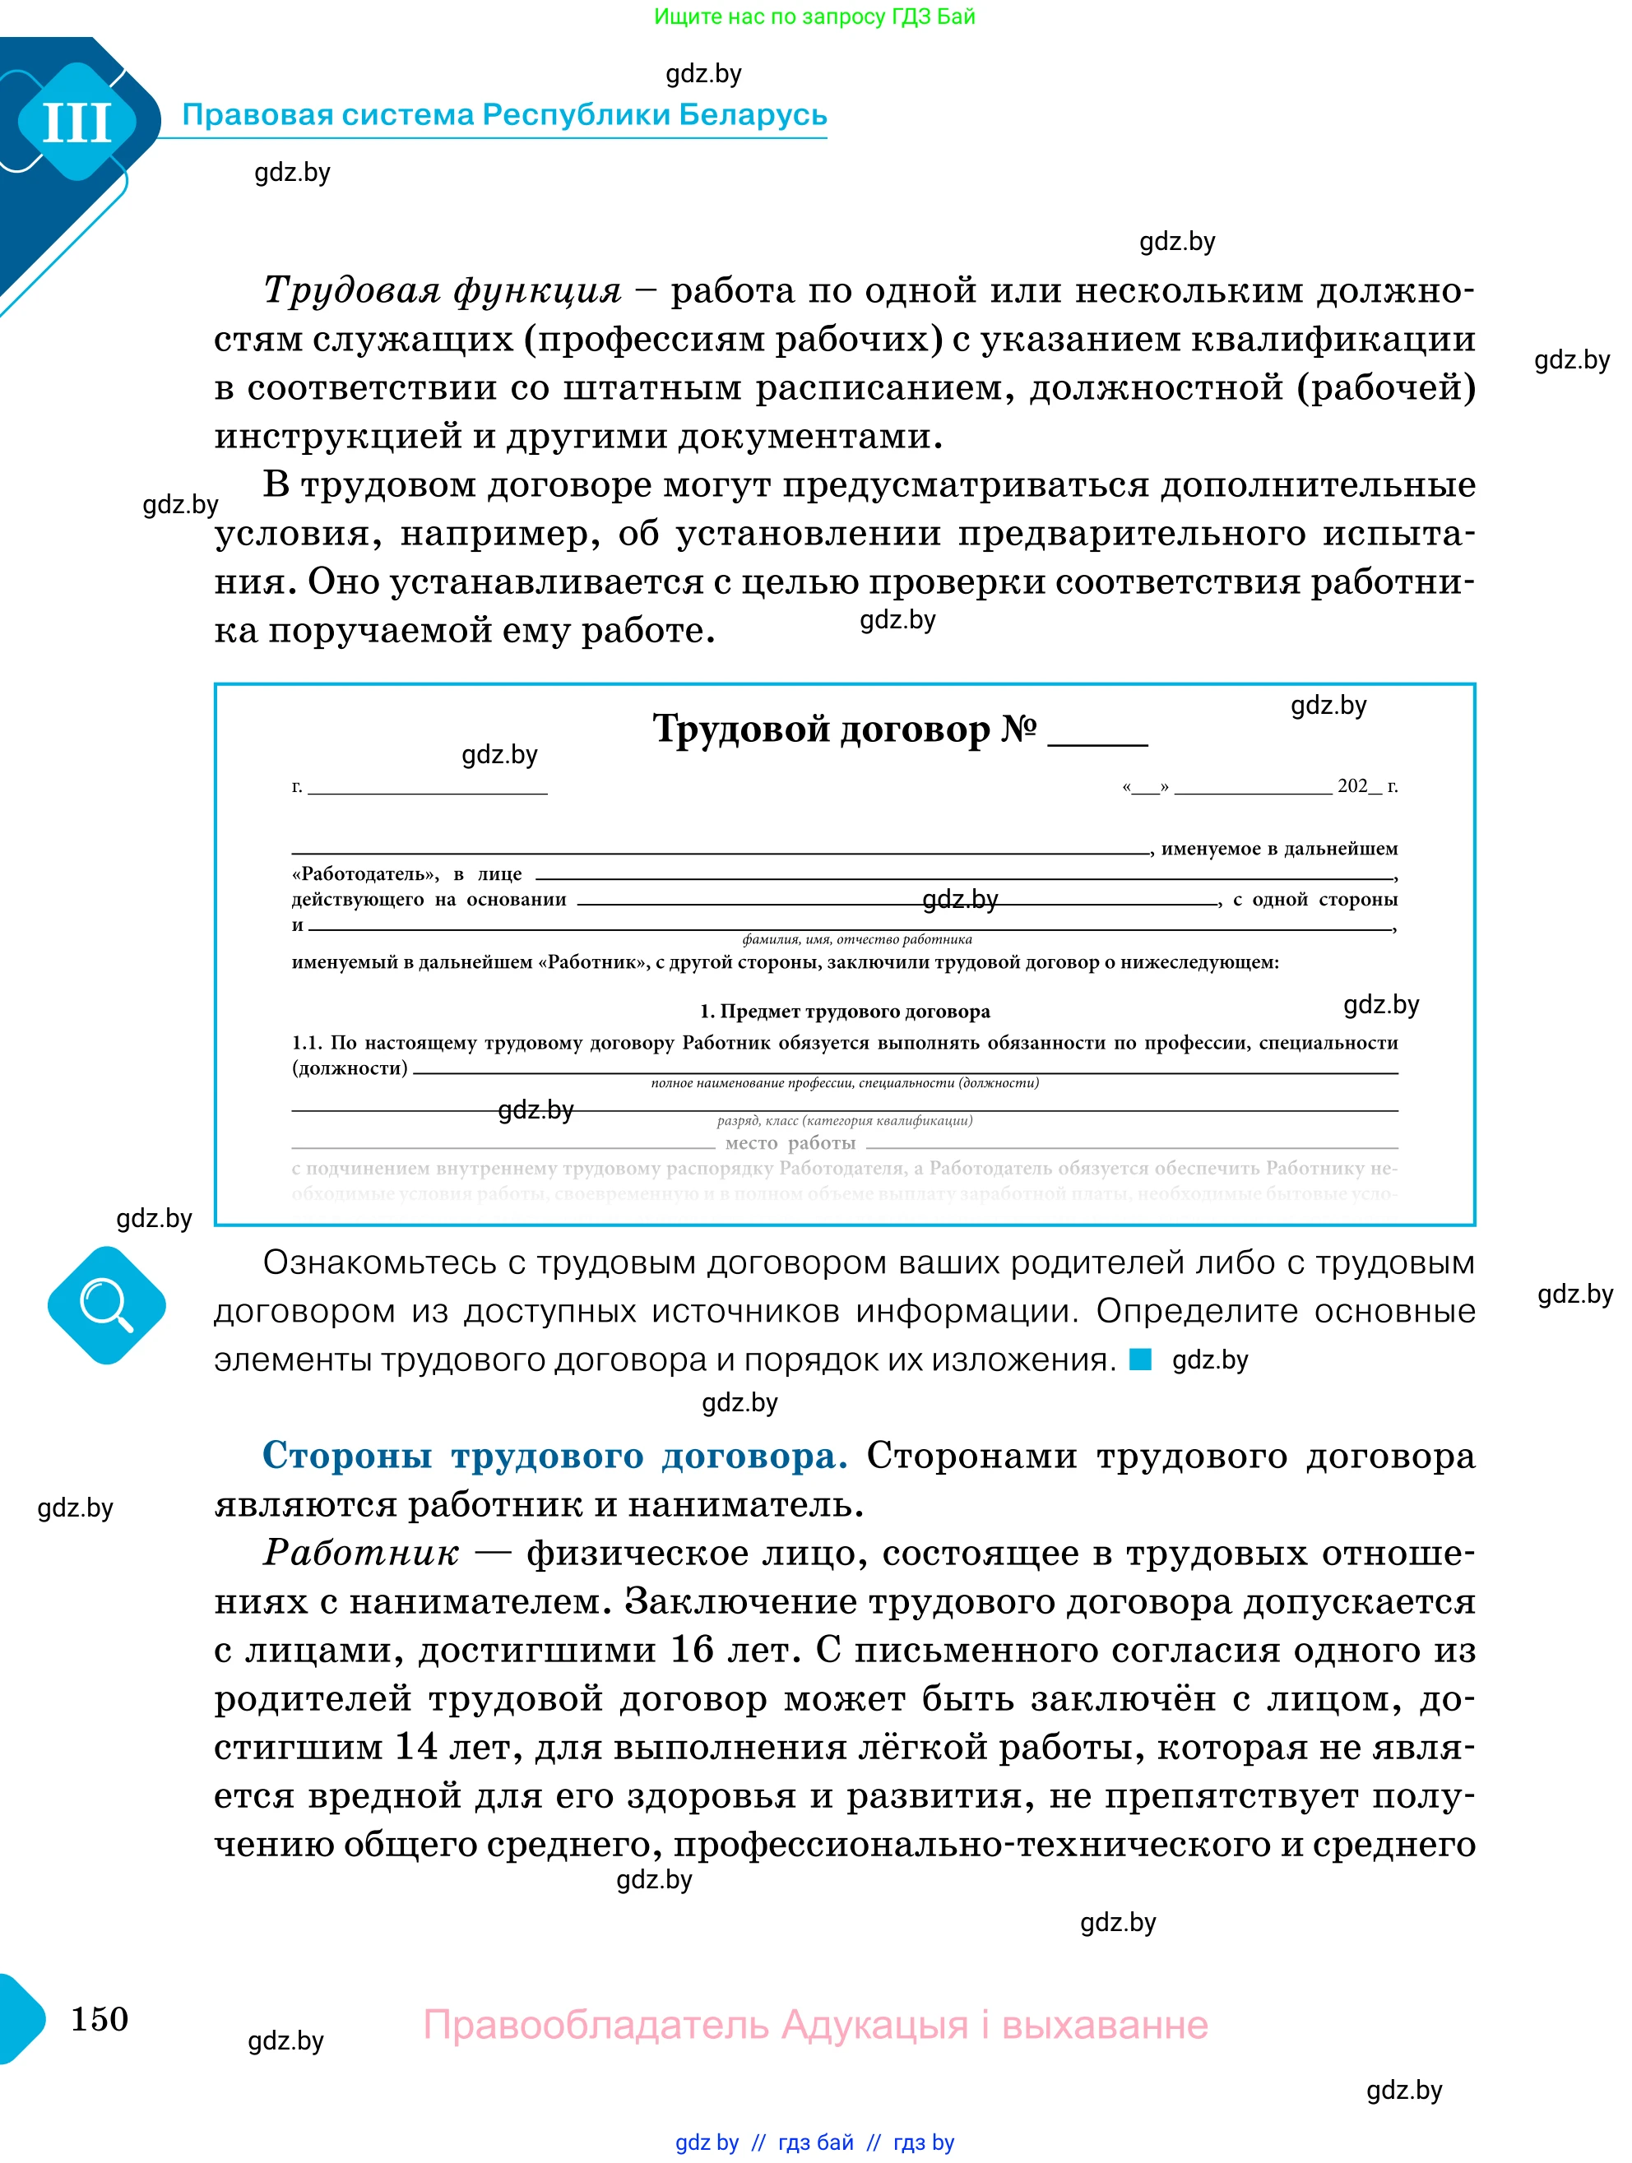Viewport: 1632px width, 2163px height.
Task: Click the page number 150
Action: coord(100,2018)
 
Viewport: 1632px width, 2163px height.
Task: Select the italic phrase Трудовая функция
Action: coord(442,290)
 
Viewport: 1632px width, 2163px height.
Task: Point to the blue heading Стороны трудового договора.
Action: coord(554,1455)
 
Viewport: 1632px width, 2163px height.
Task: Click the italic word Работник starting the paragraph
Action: coord(361,1553)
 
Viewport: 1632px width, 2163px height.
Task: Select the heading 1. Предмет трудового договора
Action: coord(844,1011)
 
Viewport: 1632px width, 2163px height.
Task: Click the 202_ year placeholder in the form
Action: coord(1358,785)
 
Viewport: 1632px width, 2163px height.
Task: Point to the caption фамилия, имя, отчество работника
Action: coord(856,940)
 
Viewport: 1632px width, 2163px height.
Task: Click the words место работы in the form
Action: coord(790,1142)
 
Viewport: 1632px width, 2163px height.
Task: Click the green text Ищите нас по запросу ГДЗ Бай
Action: coord(814,16)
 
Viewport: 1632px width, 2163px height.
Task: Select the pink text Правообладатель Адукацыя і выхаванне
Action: coord(814,2024)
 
